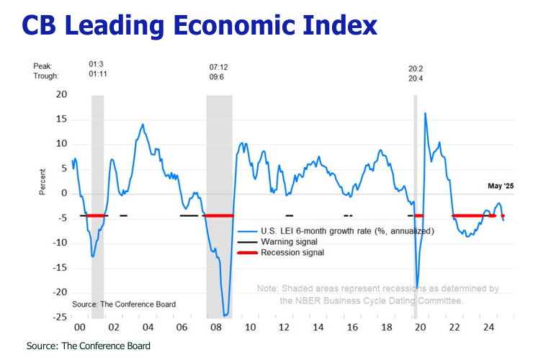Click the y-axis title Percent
[42, 181]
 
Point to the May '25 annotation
[500, 186]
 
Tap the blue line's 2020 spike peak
[425, 114]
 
